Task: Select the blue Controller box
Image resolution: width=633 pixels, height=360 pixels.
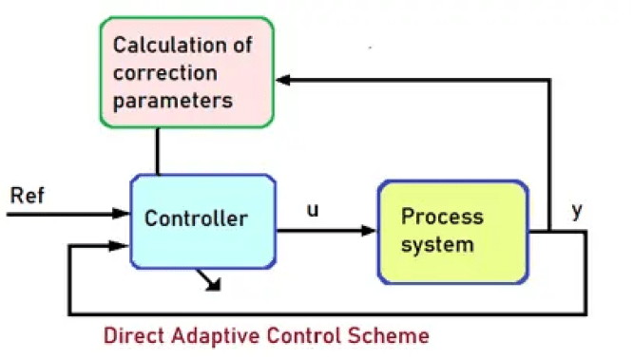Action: coord(202,219)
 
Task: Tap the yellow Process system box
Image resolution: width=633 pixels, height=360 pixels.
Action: coord(452,231)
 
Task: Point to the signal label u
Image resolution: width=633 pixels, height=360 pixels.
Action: coord(313,209)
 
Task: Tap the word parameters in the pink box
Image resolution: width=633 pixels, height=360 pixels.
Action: coord(172,100)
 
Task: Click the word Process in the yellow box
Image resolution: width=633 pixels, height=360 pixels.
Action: coord(442,217)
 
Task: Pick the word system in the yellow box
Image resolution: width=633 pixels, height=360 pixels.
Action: coord(436,244)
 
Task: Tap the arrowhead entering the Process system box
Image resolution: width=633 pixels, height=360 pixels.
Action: coord(371,230)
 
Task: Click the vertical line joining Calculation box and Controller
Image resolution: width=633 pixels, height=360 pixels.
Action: coord(159,151)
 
